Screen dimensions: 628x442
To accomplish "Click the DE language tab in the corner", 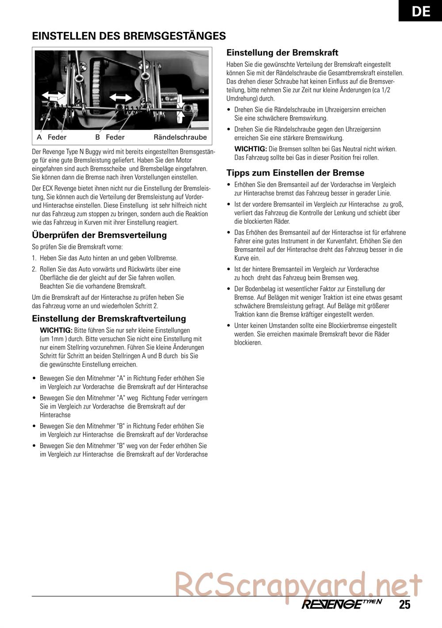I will (x=420, y=11).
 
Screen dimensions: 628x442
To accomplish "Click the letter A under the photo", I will (x=39, y=137).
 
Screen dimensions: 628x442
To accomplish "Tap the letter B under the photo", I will (x=98, y=137).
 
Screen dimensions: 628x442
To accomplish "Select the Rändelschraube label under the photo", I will (x=180, y=137).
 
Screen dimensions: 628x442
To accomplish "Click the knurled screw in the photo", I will (x=193, y=110).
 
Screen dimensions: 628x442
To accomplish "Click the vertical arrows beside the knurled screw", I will (x=180, y=109).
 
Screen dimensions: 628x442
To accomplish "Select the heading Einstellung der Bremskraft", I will (x=282, y=53).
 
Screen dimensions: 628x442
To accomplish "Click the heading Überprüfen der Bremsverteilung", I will (x=99, y=235).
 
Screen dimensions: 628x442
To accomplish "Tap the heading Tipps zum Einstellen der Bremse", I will (x=295, y=172).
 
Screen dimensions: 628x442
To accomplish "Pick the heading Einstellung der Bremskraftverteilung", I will (x=109, y=318).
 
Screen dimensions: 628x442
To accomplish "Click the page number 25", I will (x=404, y=605).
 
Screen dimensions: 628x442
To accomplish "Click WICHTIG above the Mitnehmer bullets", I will (x=56, y=330).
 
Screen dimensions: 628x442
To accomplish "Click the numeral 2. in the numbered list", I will (x=34, y=269).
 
